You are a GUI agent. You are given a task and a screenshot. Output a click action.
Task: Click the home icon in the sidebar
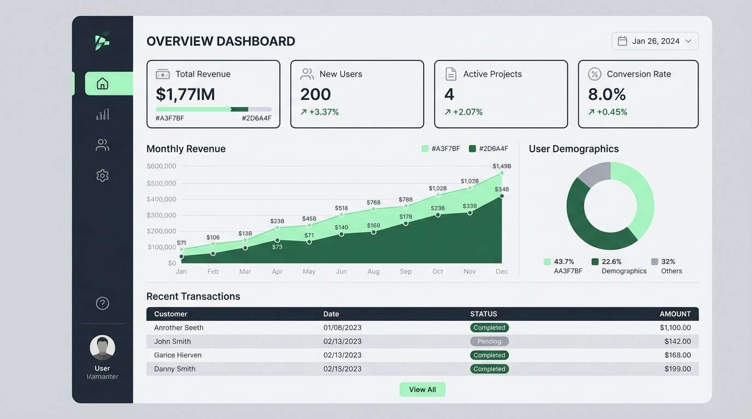click(102, 83)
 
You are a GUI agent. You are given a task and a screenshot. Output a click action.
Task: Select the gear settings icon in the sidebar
click(102, 175)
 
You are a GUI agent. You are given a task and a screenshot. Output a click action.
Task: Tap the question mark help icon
click(102, 303)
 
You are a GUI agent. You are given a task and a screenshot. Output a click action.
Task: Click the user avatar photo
click(102, 348)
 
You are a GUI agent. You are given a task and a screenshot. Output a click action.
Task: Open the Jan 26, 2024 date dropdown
click(655, 41)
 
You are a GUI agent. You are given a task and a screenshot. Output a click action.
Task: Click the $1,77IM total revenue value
click(185, 94)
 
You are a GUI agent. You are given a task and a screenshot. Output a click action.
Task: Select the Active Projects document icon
click(450, 74)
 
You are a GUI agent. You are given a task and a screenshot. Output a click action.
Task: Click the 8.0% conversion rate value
click(607, 94)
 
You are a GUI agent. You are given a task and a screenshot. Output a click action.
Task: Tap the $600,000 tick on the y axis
click(161, 166)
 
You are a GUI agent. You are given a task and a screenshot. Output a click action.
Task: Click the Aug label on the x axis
click(373, 271)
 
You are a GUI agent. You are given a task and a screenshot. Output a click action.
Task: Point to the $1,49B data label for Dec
click(501, 166)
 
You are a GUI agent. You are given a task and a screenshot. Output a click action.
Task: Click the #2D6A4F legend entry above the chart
click(489, 148)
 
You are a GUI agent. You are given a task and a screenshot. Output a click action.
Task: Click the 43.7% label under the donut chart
click(563, 261)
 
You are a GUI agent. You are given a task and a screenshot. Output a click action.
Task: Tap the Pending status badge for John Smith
click(489, 342)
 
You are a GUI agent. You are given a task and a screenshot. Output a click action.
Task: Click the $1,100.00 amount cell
click(675, 328)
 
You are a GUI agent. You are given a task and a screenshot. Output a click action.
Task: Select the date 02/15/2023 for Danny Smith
click(342, 369)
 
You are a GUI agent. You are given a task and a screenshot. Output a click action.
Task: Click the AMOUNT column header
click(675, 314)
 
